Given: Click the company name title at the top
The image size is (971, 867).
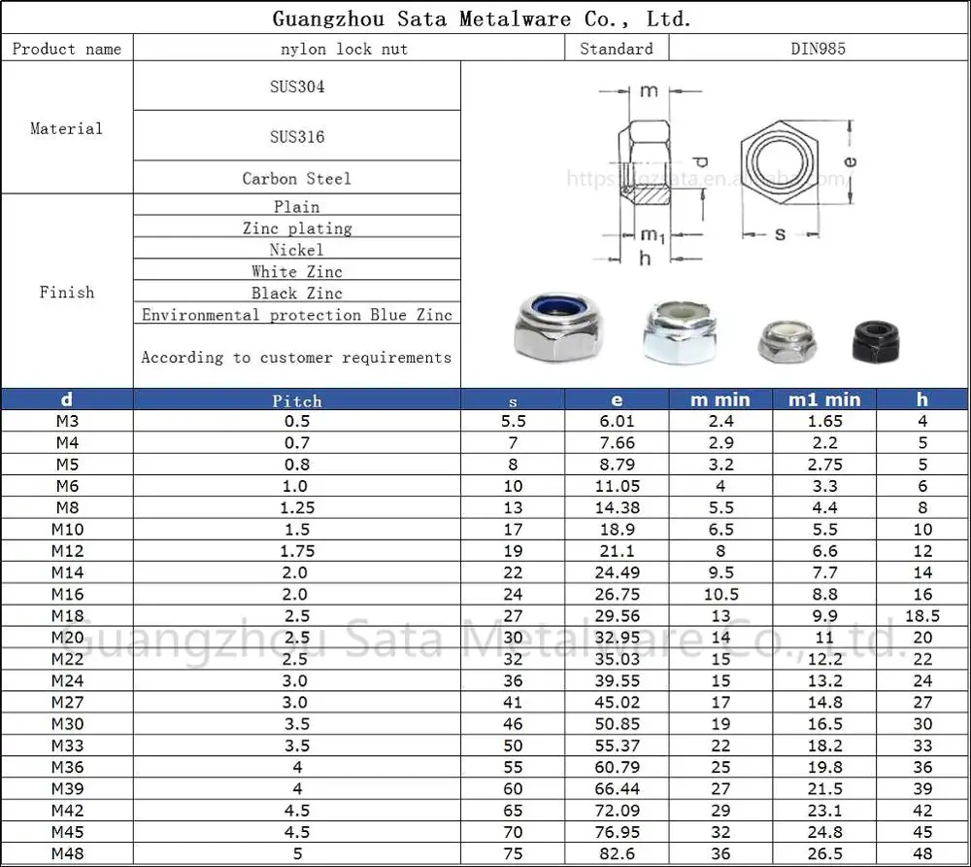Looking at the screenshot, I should pyautogui.click(x=482, y=18).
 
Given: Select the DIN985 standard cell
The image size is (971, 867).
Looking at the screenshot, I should pyautogui.click(x=818, y=49).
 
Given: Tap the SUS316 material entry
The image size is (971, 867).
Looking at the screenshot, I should pyautogui.click(x=297, y=137).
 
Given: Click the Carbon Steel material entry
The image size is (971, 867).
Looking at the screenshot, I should pyautogui.click(x=297, y=179).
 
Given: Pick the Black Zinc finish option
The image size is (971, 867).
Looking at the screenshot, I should pyautogui.click(x=297, y=294).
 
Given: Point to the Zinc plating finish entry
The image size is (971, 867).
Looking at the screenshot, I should pyautogui.click(x=297, y=228).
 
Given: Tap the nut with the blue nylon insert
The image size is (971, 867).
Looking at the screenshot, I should pyautogui.click(x=549, y=329).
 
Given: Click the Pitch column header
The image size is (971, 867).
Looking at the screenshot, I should pyautogui.click(x=297, y=400).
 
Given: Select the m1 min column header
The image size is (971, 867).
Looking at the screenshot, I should pyautogui.click(x=823, y=399).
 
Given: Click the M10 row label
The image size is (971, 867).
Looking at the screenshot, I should pyautogui.click(x=67, y=530).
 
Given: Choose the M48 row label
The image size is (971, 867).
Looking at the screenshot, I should pyautogui.click(x=67, y=854).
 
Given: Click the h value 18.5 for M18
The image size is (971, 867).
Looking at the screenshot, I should pyautogui.click(x=921, y=616).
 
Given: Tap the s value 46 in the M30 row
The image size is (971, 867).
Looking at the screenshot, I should pyautogui.click(x=513, y=724).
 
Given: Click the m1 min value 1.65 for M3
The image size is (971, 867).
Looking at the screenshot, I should pyautogui.click(x=823, y=422).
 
